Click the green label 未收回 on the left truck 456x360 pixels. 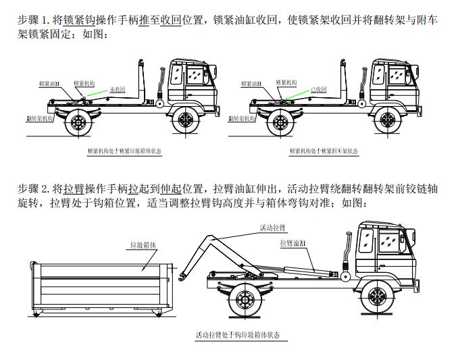(x=118, y=89)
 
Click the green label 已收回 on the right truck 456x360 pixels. (x=318, y=89)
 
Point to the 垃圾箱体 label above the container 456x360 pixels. (x=145, y=247)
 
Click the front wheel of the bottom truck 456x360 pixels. (x=375, y=297)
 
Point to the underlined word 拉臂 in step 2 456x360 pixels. (x=74, y=188)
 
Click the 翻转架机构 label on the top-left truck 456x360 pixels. (x=40, y=118)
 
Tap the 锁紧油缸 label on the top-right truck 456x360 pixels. (x=251, y=84)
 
